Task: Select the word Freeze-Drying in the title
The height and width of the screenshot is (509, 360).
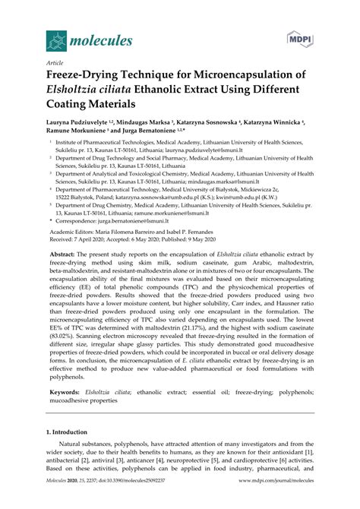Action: point(84,78)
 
